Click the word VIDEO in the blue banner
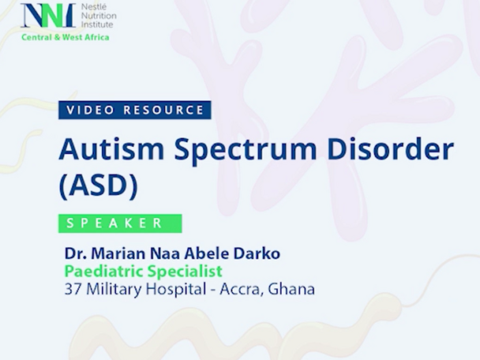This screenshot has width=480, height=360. click(89, 110)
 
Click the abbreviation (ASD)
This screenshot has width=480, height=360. click(98, 186)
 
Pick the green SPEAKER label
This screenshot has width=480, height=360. click(120, 223)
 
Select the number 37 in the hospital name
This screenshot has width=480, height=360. click(73, 290)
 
